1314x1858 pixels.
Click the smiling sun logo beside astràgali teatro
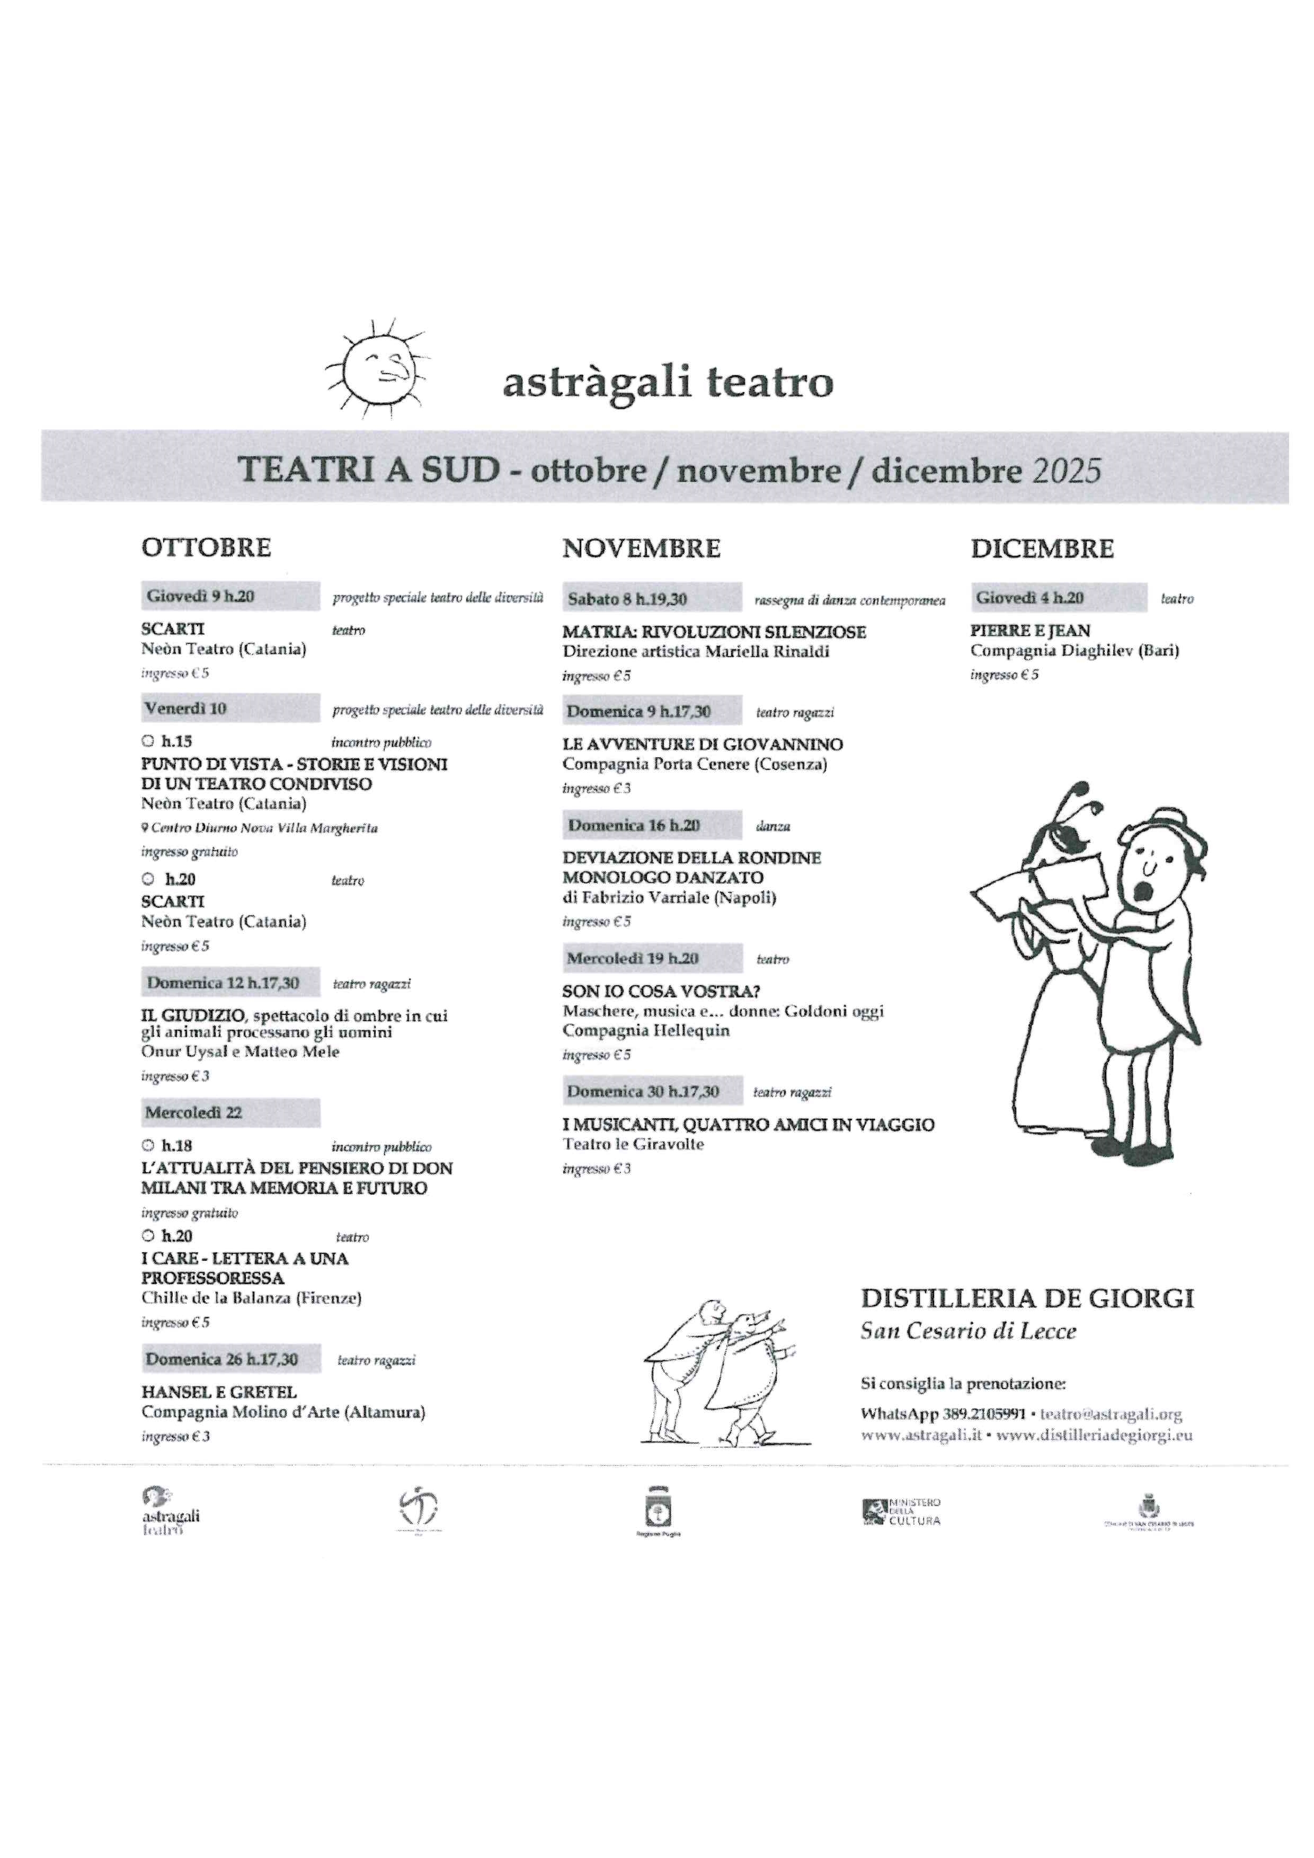tap(377, 368)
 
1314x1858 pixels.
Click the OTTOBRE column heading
tap(206, 548)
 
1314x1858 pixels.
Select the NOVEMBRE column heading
tap(641, 548)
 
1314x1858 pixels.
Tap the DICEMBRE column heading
tap(1042, 548)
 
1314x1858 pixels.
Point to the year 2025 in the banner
tap(1067, 471)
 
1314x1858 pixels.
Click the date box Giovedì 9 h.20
tap(230, 596)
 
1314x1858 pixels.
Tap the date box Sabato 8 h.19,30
tap(652, 599)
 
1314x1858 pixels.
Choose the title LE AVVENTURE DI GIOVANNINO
tap(703, 745)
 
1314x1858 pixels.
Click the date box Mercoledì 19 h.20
tap(653, 959)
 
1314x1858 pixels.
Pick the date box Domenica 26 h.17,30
tap(230, 1359)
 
